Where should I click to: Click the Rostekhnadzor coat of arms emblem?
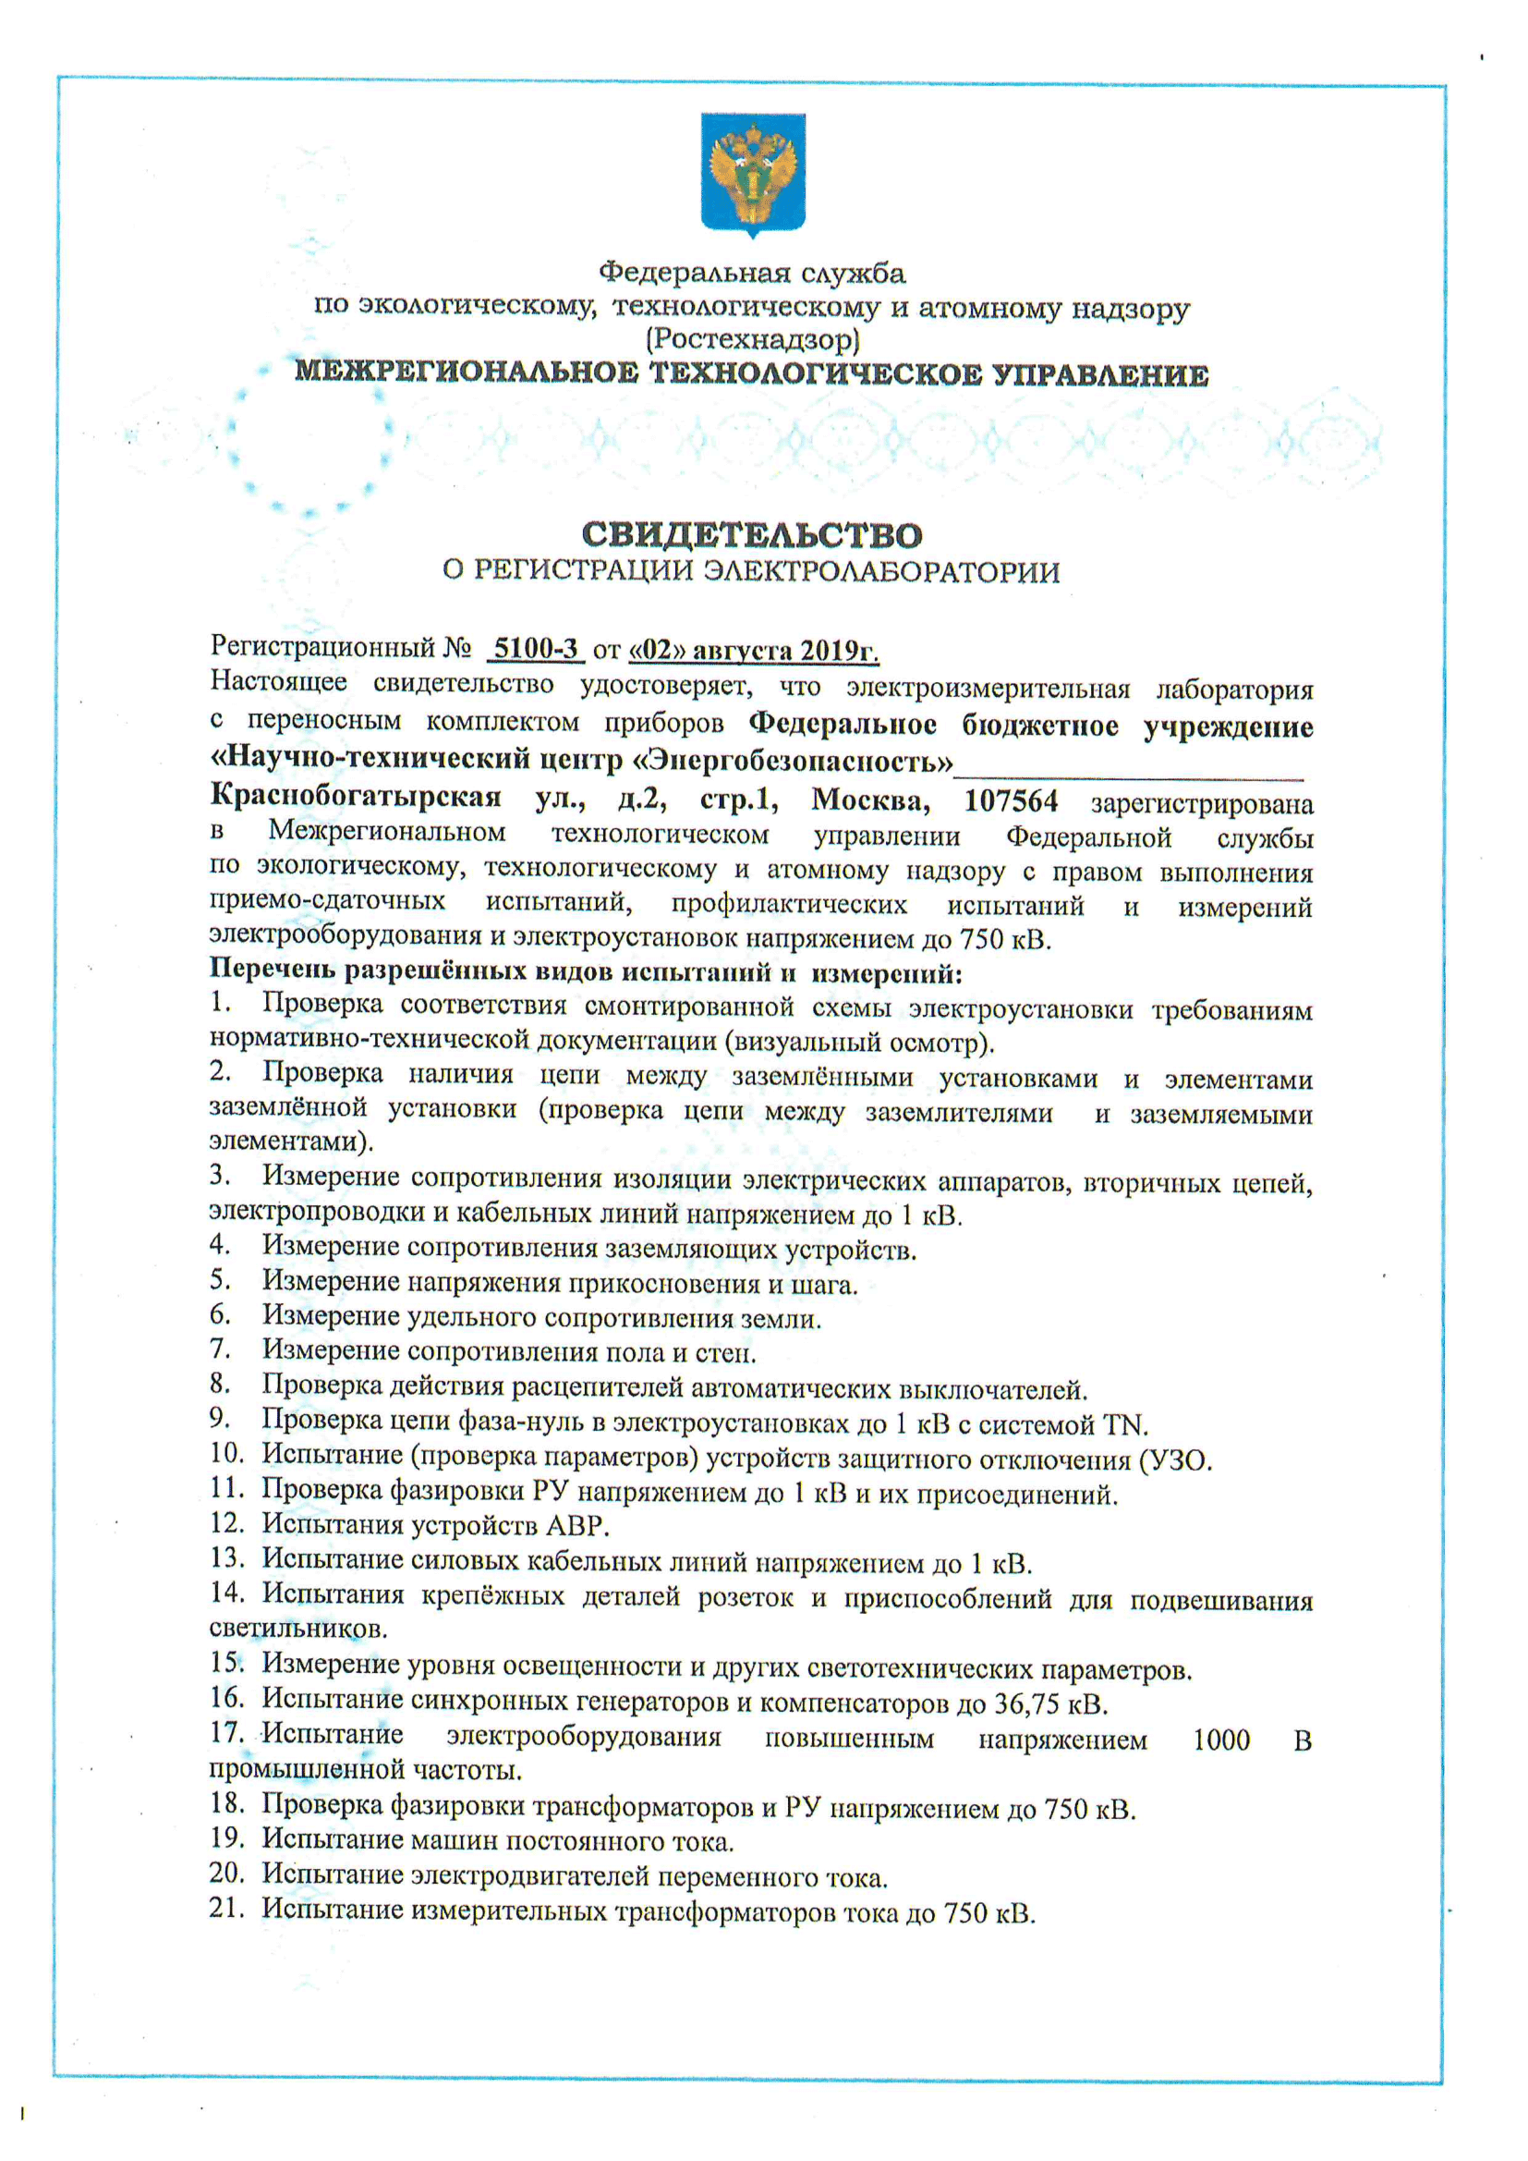pyautogui.click(x=753, y=174)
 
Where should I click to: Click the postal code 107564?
pyautogui.click(x=1011, y=801)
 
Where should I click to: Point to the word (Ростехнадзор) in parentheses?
pyautogui.click(x=752, y=339)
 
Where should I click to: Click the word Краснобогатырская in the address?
pyautogui.click(x=356, y=797)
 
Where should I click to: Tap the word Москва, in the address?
pyautogui.click(x=871, y=800)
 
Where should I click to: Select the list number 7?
pyautogui.click(x=220, y=1349)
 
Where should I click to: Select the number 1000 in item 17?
pyautogui.click(x=1221, y=1740)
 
